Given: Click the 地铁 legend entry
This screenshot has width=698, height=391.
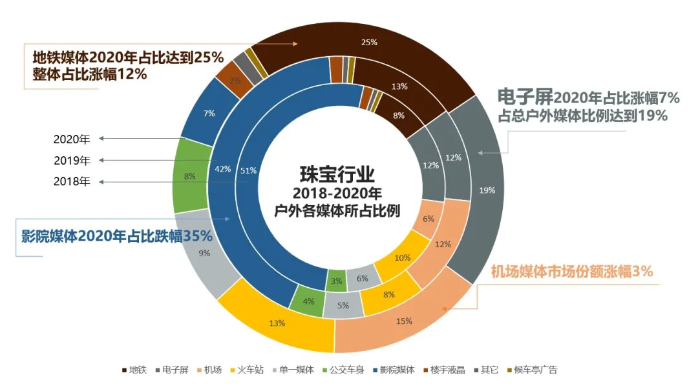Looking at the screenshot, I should pyautogui.click(x=134, y=370).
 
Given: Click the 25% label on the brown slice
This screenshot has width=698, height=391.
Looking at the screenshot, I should pyautogui.click(x=370, y=43).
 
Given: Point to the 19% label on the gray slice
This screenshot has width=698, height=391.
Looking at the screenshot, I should pyautogui.click(x=487, y=190).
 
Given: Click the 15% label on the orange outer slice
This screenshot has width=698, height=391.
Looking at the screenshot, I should pyautogui.click(x=404, y=321).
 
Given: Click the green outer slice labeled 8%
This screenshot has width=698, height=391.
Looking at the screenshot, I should pyautogui.click(x=189, y=175).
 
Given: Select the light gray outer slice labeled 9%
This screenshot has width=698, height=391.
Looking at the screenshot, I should pyautogui.click(x=204, y=253).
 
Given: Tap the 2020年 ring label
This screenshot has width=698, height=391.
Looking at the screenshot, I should pyautogui.click(x=72, y=139).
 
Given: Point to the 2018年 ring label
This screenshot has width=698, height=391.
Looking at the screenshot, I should pyautogui.click(x=72, y=182).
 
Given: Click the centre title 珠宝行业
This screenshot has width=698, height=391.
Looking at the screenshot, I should pyautogui.click(x=337, y=174).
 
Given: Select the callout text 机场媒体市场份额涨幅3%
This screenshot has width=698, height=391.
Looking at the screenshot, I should pyautogui.click(x=572, y=272).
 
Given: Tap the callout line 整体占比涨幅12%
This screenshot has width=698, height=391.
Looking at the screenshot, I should pyautogui.click(x=90, y=74).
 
